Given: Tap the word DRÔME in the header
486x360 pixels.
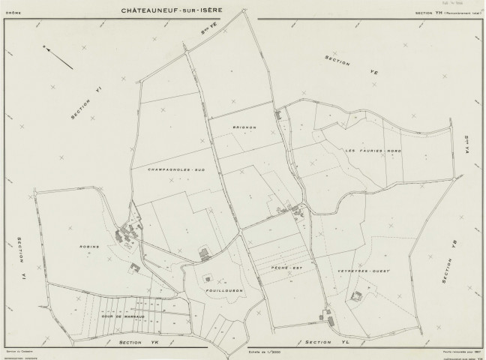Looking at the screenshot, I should (x=14, y=13).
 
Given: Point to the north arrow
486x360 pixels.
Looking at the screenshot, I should (x=58, y=58).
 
